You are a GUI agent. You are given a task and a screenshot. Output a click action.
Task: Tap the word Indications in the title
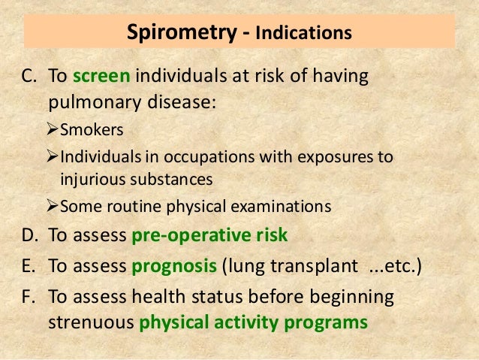(303, 35)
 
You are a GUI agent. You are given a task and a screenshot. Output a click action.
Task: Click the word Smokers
(92, 130)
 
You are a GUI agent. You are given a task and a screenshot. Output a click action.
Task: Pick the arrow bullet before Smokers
(52, 130)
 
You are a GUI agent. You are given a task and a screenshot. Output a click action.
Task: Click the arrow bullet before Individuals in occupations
(52, 157)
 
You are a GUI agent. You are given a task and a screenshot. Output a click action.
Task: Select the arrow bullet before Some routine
(52, 206)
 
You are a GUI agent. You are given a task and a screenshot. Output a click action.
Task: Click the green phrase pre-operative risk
(209, 236)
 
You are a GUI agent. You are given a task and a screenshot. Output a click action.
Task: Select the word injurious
(91, 180)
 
